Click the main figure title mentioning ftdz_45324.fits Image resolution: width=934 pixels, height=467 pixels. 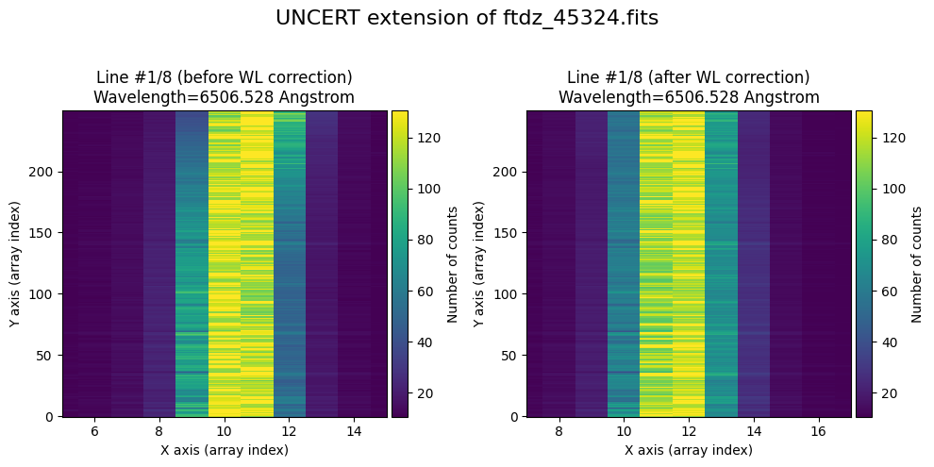467,18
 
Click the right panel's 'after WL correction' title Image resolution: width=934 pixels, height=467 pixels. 689,87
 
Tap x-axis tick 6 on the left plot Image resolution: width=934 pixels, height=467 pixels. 94,431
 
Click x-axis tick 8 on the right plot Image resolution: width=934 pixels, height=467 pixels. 559,431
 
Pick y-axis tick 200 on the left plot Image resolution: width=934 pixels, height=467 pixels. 42,172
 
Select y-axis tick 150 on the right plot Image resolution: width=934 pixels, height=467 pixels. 507,233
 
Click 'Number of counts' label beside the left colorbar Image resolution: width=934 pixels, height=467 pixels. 453,263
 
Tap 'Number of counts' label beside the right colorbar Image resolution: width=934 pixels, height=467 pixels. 917,263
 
